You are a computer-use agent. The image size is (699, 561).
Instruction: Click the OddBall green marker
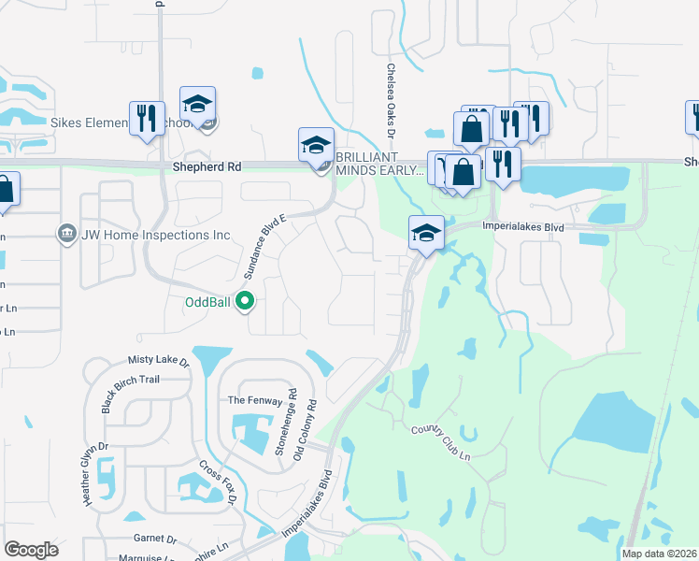(x=245, y=301)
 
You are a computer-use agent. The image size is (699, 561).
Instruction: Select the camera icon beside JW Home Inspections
(x=66, y=233)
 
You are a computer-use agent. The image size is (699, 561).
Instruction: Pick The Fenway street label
(x=250, y=400)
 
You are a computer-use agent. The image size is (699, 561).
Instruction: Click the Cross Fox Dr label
(x=218, y=484)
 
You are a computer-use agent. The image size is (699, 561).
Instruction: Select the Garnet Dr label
(x=155, y=539)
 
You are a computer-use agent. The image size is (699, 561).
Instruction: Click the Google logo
(x=31, y=550)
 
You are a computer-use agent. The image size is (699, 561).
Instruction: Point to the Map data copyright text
(x=659, y=554)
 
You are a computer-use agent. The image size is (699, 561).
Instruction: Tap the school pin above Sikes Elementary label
(x=197, y=105)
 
